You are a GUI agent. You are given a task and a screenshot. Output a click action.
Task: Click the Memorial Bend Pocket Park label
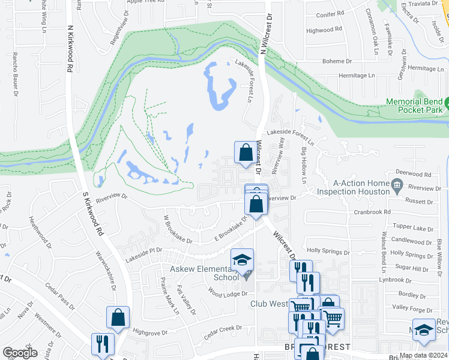[414, 106]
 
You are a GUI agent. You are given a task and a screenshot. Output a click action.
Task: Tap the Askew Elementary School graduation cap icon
[243, 260]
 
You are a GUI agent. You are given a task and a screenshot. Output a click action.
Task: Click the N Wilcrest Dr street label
[267, 34]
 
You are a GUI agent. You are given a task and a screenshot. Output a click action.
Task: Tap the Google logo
[20, 353]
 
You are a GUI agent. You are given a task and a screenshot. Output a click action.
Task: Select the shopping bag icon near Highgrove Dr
[118, 318]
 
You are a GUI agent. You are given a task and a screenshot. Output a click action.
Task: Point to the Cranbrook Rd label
[372, 212]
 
